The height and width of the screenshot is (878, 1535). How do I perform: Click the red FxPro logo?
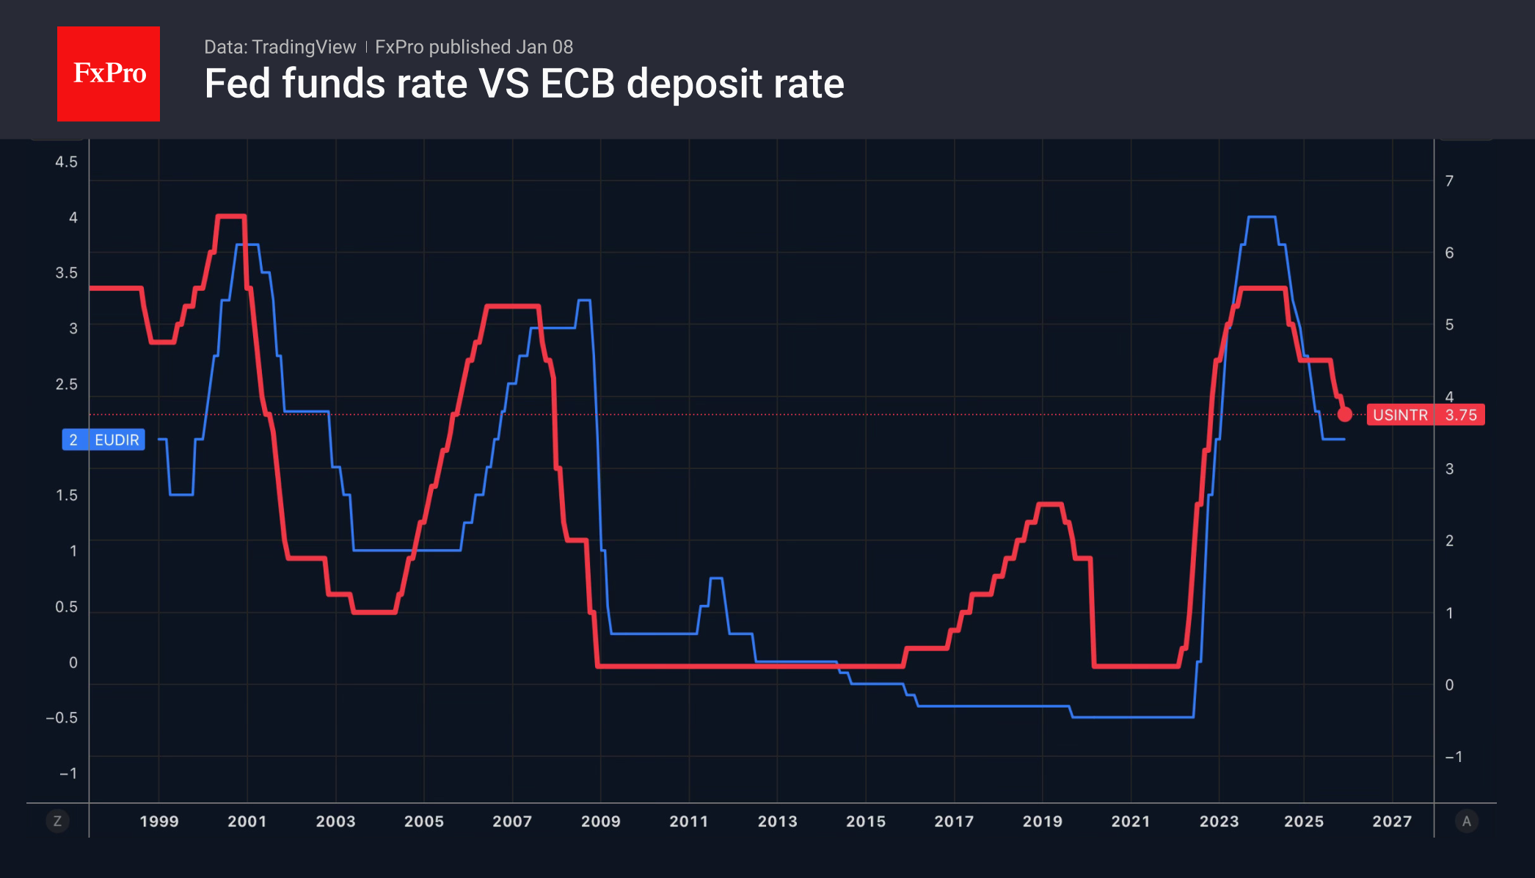(x=109, y=73)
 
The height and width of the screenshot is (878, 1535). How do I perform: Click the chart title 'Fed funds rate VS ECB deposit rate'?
(x=524, y=84)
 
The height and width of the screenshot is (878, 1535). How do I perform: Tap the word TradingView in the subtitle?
(x=303, y=47)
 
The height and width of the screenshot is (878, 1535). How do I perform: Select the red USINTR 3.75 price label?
(x=1425, y=415)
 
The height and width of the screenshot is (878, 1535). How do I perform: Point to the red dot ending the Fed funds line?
(x=1344, y=415)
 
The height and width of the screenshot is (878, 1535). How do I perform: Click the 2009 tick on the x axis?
(x=600, y=821)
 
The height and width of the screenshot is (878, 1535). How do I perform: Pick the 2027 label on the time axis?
(x=1392, y=821)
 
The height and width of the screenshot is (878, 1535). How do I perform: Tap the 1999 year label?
(x=159, y=821)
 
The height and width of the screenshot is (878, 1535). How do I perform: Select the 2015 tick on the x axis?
(x=866, y=821)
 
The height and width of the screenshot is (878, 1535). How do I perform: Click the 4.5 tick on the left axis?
(x=66, y=162)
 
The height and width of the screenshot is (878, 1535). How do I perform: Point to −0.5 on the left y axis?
(x=62, y=717)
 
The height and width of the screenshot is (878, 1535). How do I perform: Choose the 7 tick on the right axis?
(x=1449, y=181)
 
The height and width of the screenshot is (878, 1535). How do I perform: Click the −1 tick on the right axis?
(x=1453, y=756)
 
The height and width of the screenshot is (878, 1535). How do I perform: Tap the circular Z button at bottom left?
(x=57, y=821)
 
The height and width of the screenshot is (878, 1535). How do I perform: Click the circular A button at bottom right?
(x=1466, y=821)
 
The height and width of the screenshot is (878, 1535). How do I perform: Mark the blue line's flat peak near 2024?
(x=1261, y=217)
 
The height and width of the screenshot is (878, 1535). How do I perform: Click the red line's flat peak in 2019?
(x=1050, y=504)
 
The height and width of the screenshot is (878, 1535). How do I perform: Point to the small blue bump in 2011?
(x=716, y=579)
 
